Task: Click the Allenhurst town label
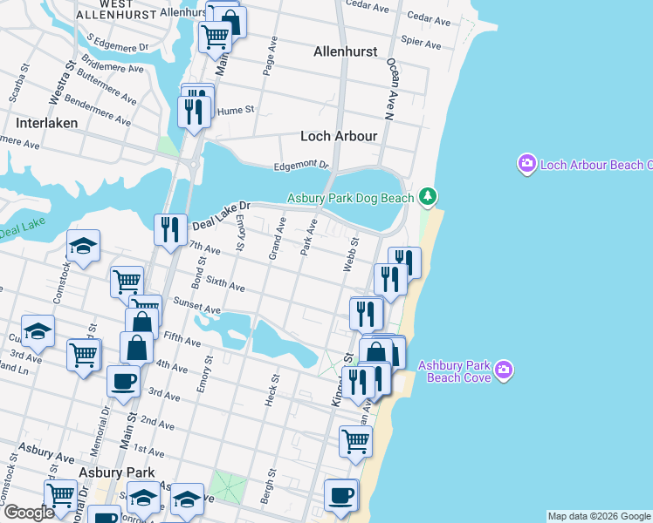point(346,51)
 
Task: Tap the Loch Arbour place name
point(339,136)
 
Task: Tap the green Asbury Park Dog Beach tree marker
point(428,197)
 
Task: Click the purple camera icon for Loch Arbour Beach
point(526,164)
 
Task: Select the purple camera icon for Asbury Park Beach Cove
point(503,371)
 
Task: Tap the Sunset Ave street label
point(197,308)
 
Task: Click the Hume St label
point(235,111)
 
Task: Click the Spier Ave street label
point(423,42)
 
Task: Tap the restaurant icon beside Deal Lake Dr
point(168,229)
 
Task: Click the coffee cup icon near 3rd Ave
point(122,380)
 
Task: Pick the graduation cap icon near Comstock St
point(83,247)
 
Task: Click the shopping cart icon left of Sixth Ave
point(127,282)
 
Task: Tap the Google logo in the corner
point(28,513)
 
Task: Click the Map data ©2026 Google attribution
point(599,516)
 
